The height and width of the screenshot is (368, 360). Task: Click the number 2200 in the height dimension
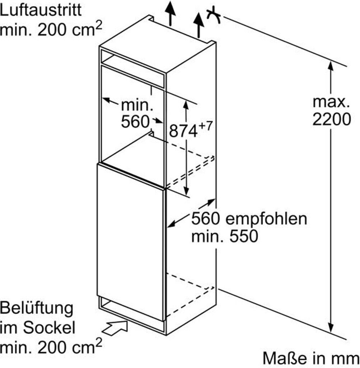[332, 119]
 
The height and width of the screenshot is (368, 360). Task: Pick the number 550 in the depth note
[244, 236]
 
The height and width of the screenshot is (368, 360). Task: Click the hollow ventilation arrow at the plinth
[115, 328]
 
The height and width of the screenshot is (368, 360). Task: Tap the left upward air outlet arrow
[170, 13]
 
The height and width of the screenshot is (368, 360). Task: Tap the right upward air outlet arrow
[198, 25]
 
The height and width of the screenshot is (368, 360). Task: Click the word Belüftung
[37, 309]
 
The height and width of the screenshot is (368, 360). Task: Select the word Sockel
[49, 328]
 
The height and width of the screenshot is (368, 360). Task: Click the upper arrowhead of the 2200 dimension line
[331, 66]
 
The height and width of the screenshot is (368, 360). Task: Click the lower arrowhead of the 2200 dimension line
[331, 327]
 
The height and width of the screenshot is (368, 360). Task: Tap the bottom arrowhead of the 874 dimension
[186, 191]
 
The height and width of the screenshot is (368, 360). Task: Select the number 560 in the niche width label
[135, 122]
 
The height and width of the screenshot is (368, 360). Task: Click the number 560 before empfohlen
[206, 219]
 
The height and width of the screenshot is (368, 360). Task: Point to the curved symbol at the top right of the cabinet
[214, 15]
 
